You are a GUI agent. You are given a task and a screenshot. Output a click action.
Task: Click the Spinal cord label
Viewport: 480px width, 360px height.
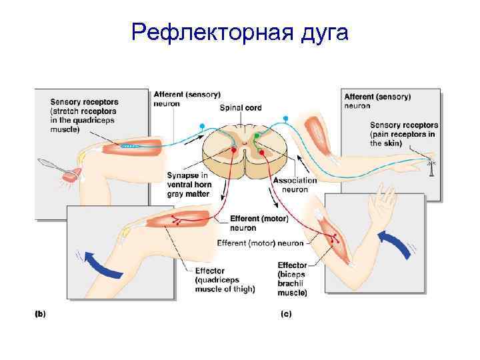240,107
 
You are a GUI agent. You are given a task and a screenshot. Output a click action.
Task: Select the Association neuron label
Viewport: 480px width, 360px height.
295,184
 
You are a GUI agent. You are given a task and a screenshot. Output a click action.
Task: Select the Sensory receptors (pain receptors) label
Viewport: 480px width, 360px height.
403,134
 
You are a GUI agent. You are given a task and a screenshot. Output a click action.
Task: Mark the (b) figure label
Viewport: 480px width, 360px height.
40,312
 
